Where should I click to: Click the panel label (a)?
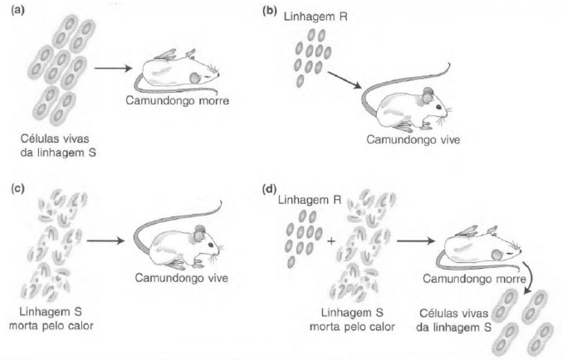tap(18, 11)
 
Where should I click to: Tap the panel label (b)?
tap(270, 11)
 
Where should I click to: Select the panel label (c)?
tap(18, 189)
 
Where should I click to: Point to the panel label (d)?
tap(270, 189)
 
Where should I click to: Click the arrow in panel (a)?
tap(113, 68)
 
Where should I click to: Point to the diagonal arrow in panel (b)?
tap(345, 80)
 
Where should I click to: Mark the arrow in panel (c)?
tap(105, 241)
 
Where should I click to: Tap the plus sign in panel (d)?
tap(331, 241)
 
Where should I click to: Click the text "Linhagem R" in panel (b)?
tap(315, 17)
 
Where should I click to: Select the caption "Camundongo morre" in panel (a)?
tap(177, 100)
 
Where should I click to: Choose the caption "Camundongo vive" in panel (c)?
tap(181, 278)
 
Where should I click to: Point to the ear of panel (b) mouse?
tap(428, 95)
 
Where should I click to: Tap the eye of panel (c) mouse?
tap(210, 245)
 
